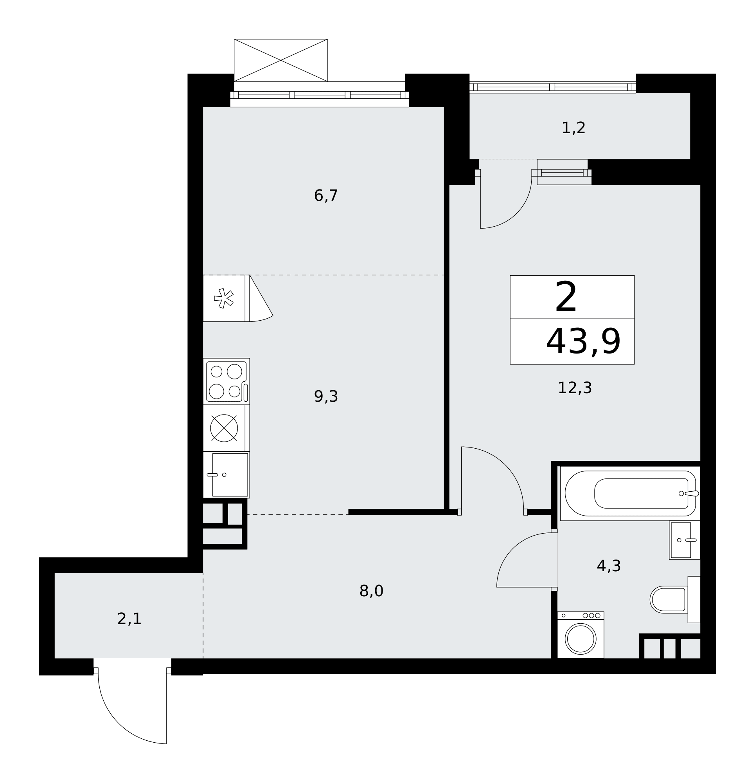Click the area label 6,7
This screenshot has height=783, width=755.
pos(326,196)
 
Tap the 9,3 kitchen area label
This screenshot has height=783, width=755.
pos(326,397)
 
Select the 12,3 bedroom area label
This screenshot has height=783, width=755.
pos(574,388)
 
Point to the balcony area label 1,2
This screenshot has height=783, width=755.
pos(573,128)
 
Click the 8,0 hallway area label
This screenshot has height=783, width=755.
pos(371,591)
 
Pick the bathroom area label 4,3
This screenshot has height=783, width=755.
pos(608,566)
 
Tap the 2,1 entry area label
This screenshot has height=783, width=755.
pos(129,619)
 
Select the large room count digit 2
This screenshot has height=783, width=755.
pos(566,296)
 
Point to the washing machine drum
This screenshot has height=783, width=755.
pos(581,639)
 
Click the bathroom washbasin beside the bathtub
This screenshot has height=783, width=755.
pos(684,540)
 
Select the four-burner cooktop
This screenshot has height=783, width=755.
pos(226,381)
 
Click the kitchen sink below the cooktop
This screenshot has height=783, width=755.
pos(230,474)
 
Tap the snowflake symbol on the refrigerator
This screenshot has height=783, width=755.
pos(224,298)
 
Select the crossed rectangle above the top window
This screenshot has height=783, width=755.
pos(280,60)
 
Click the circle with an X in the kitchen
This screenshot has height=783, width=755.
pos(224,428)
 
